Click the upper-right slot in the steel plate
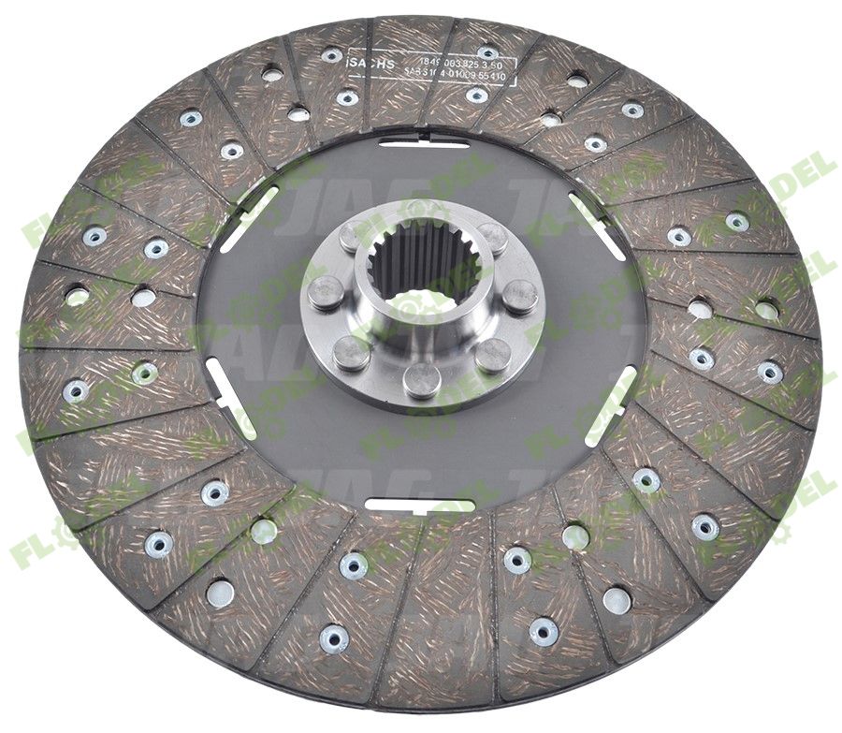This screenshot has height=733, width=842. coord(597,226)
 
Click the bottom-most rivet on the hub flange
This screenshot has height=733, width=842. coord(422,378)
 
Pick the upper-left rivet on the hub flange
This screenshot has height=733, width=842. coord(350,238)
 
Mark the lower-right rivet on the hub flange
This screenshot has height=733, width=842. coord(492,355)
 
